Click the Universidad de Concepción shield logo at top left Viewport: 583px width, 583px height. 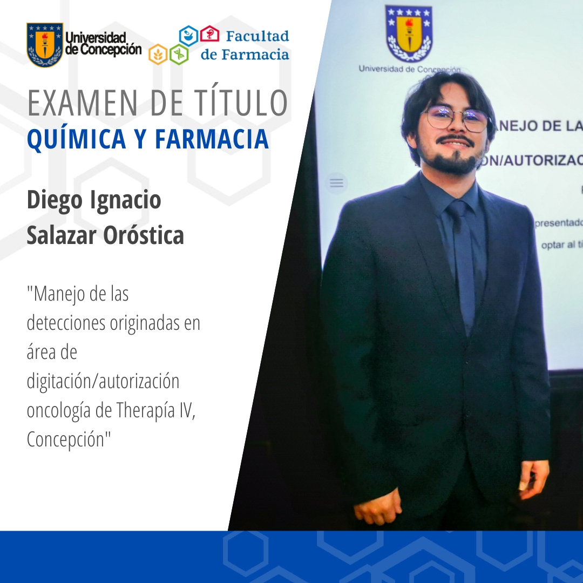point(45,45)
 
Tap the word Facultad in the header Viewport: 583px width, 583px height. point(257,37)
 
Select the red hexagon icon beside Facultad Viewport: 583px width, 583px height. point(210,34)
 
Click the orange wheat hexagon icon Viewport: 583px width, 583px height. point(158,54)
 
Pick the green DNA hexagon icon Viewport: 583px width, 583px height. point(179,54)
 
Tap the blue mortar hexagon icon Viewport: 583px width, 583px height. point(188,35)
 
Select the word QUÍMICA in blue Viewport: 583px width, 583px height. point(74,139)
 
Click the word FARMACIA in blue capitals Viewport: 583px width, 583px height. point(212,139)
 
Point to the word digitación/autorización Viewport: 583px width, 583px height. point(103,382)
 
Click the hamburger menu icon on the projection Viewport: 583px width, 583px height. point(337,184)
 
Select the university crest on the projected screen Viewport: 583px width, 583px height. point(408,33)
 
